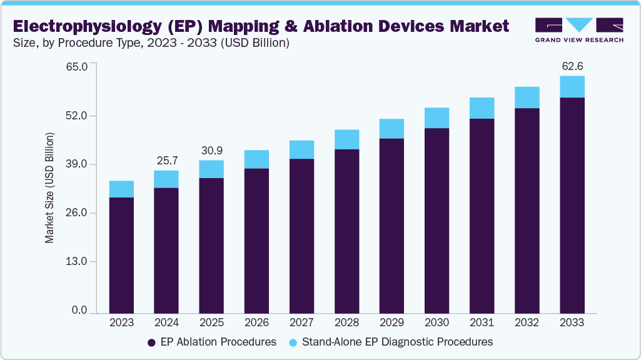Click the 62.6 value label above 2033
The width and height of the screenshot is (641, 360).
click(x=572, y=66)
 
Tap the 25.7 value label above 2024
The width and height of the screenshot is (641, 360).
click(x=166, y=161)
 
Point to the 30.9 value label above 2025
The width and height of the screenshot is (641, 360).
click(x=211, y=151)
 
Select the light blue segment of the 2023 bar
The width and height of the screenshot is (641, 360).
click(x=121, y=189)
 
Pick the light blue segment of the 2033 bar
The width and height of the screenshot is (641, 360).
click(x=572, y=87)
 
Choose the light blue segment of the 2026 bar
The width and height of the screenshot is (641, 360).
click(x=256, y=159)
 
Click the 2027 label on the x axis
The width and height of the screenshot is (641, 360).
click(x=301, y=323)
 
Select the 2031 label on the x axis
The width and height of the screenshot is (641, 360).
click(x=482, y=323)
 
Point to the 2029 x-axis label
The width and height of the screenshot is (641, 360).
click(x=391, y=323)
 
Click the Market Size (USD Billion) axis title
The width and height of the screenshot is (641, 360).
click(x=49, y=188)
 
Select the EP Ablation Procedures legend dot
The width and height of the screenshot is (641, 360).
click(x=151, y=342)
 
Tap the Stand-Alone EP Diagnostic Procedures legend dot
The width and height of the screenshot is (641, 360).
click(x=293, y=342)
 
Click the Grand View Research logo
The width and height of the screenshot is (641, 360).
click(x=578, y=29)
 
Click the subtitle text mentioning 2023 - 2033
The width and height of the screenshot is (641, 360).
click(x=150, y=43)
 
